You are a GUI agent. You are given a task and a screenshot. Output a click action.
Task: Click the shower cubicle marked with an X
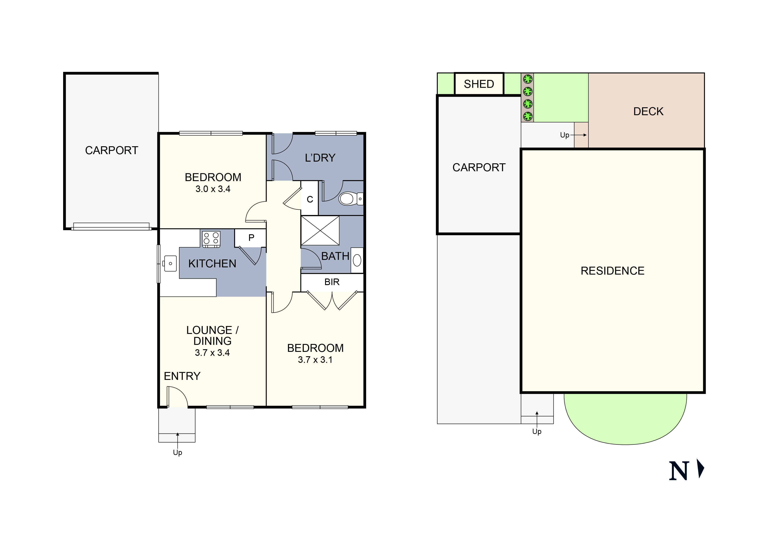click(320, 231)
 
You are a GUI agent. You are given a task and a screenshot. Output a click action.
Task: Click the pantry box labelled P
click(251, 238)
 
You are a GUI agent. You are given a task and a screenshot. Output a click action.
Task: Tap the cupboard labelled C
click(310, 199)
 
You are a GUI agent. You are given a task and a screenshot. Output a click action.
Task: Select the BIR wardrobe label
click(332, 282)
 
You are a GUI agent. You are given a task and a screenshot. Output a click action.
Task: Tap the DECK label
click(648, 111)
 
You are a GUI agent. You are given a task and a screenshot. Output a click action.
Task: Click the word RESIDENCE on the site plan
click(612, 271)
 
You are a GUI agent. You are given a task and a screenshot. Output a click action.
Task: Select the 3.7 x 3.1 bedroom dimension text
click(315, 360)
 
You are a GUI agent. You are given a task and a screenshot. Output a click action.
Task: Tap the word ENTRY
click(182, 376)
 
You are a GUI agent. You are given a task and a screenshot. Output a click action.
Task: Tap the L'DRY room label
click(320, 158)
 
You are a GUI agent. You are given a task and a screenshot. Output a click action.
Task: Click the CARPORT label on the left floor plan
click(112, 151)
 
